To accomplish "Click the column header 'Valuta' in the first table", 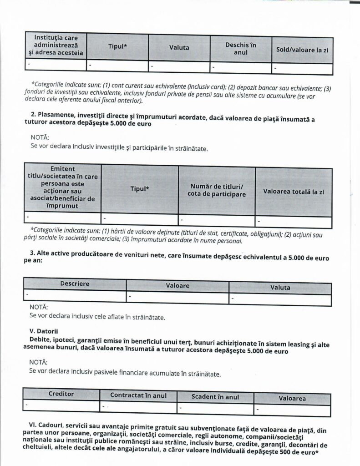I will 179,47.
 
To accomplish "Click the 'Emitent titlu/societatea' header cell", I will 62,187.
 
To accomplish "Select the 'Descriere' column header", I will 75,284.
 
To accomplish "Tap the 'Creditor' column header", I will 61,394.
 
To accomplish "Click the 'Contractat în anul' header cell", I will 138,395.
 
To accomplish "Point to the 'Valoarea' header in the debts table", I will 292,398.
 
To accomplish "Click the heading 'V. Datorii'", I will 44,330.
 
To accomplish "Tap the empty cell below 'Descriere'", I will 75,295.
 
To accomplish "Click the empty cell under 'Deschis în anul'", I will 240,67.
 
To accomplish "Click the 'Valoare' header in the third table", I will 177,286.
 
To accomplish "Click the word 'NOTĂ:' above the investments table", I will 40,137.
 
